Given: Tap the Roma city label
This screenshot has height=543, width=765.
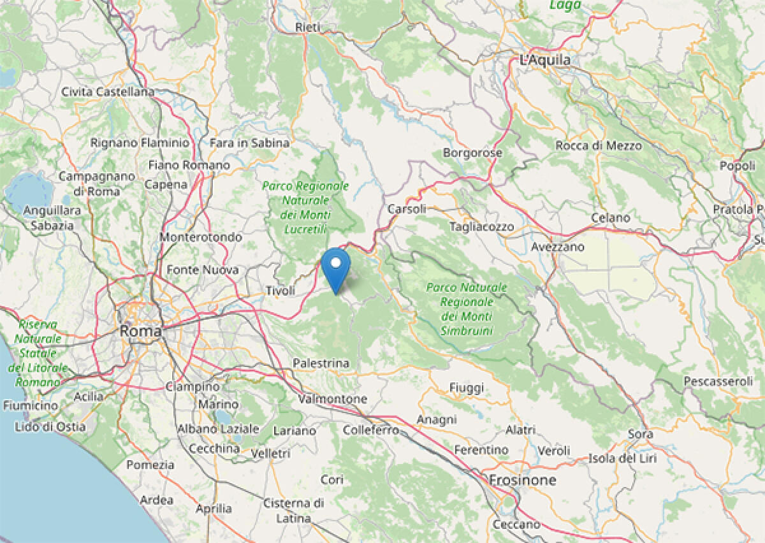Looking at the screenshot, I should click(x=140, y=331).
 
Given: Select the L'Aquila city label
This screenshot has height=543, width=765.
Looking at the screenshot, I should click(x=545, y=60).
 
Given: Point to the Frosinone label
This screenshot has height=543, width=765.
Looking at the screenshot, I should click(x=522, y=480).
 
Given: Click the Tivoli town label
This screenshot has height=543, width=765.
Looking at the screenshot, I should click(x=280, y=291).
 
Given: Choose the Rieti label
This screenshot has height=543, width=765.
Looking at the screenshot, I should click(x=308, y=27).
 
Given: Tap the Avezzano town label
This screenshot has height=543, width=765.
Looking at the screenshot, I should click(x=558, y=247).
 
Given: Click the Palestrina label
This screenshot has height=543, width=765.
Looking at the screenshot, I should click(x=321, y=363).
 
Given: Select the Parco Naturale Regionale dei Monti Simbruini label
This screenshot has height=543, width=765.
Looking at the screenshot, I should click(x=467, y=309).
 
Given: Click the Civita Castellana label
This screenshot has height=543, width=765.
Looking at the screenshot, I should click(x=108, y=92).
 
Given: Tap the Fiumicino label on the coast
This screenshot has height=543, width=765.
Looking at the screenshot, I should click(x=30, y=405).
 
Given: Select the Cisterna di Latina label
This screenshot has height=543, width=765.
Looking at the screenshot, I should click(x=293, y=510).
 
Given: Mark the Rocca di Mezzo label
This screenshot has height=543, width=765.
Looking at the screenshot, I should click(x=599, y=146).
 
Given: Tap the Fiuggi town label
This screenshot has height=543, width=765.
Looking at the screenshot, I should click(x=467, y=387).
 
